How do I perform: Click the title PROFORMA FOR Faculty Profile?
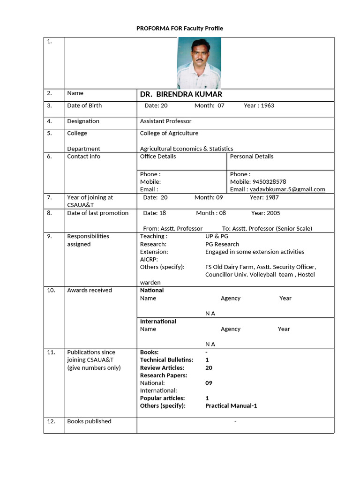click(x=180, y=28)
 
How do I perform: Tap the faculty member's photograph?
click(x=199, y=63)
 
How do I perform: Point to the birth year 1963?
click(x=267, y=105)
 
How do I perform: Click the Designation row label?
click(x=83, y=121)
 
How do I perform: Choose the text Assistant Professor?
click(x=165, y=121)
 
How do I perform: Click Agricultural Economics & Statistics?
click(x=186, y=149)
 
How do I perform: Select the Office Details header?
click(x=158, y=156)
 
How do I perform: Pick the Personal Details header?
click(x=251, y=156)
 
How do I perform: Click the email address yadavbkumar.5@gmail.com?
click(x=287, y=189)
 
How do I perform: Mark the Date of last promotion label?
click(x=97, y=213)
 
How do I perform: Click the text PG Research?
click(x=222, y=244)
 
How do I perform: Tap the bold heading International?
click(x=158, y=321)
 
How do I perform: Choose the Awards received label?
click(x=90, y=290)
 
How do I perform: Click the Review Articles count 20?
click(x=209, y=367)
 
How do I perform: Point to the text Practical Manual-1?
click(x=231, y=405)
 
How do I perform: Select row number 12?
click(x=52, y=421)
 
